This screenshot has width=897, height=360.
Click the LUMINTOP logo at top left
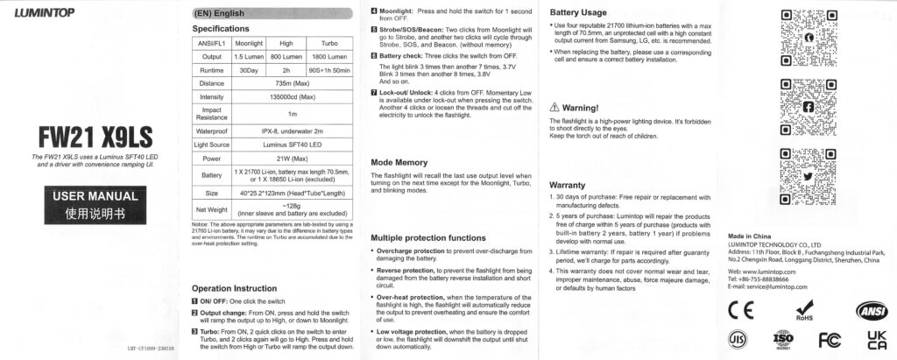(44, 11)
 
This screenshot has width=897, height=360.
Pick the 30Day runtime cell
(249, 70)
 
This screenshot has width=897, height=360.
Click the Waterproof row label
(211, 130)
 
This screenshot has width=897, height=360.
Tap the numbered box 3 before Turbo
(194, 332)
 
